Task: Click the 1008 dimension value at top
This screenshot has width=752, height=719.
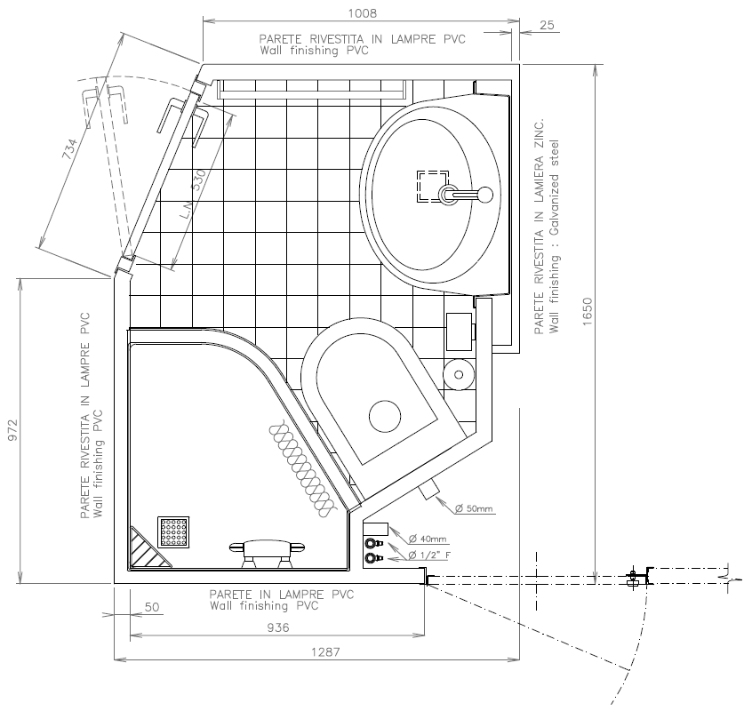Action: coord(362,13)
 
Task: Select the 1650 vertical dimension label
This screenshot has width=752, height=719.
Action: coord(588,312)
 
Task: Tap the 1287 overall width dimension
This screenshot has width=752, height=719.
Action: coord(325,651)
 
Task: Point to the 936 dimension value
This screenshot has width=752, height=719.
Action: coord(278,627)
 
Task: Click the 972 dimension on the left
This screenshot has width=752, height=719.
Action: coord(12,430)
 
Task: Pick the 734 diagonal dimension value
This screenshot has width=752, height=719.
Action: coord(69,149)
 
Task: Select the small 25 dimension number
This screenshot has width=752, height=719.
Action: coord(548,25)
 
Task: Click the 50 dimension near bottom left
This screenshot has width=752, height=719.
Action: coord(151,607)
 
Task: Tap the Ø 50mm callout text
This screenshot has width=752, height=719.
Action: coord(474,508)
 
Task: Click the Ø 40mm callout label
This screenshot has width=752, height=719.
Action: coord(428,539)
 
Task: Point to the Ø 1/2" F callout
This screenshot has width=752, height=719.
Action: coord(429,555)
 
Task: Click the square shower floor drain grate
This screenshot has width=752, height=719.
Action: coord(173,532)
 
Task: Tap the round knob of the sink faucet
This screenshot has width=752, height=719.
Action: coord(485,195)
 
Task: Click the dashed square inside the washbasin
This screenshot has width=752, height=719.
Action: coord(433,186)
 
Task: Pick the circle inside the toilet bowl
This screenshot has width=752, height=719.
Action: coord(385,416)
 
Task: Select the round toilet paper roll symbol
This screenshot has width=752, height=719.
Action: coord(459,375)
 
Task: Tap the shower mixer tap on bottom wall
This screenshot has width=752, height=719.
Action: coord(268,553)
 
